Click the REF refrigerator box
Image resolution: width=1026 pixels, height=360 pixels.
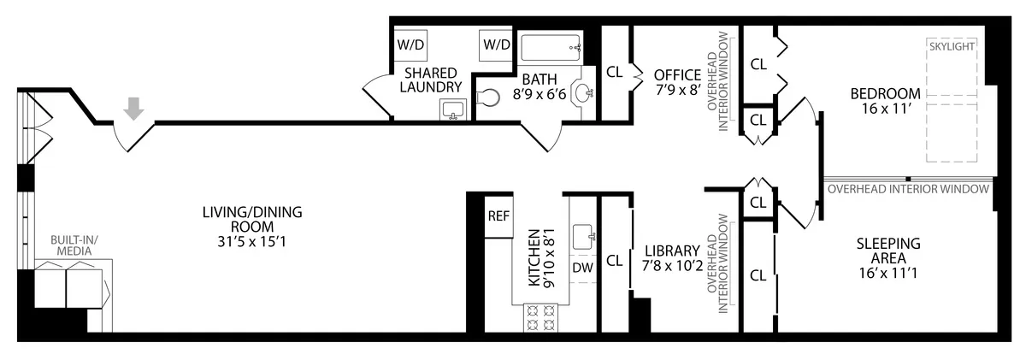[498, 215]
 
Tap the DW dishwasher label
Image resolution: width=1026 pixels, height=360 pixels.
[582, 269]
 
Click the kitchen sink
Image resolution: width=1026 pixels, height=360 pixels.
[583, 236]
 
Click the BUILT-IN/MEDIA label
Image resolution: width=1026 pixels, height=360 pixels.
[77, 245]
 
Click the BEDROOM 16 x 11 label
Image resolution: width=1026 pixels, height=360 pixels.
[885, 101]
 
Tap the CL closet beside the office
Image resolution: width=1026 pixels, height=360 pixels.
[614, 73]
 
